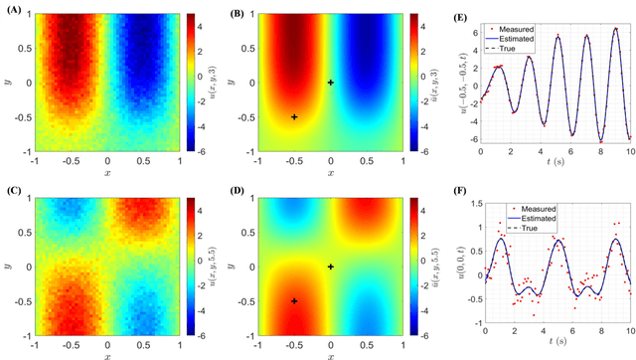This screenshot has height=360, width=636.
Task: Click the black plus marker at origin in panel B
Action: (331, 83)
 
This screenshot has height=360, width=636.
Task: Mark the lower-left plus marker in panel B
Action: (294, 117)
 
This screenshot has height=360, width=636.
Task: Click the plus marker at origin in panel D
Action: (331, 267)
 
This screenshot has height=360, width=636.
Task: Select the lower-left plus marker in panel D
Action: (294, 300)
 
